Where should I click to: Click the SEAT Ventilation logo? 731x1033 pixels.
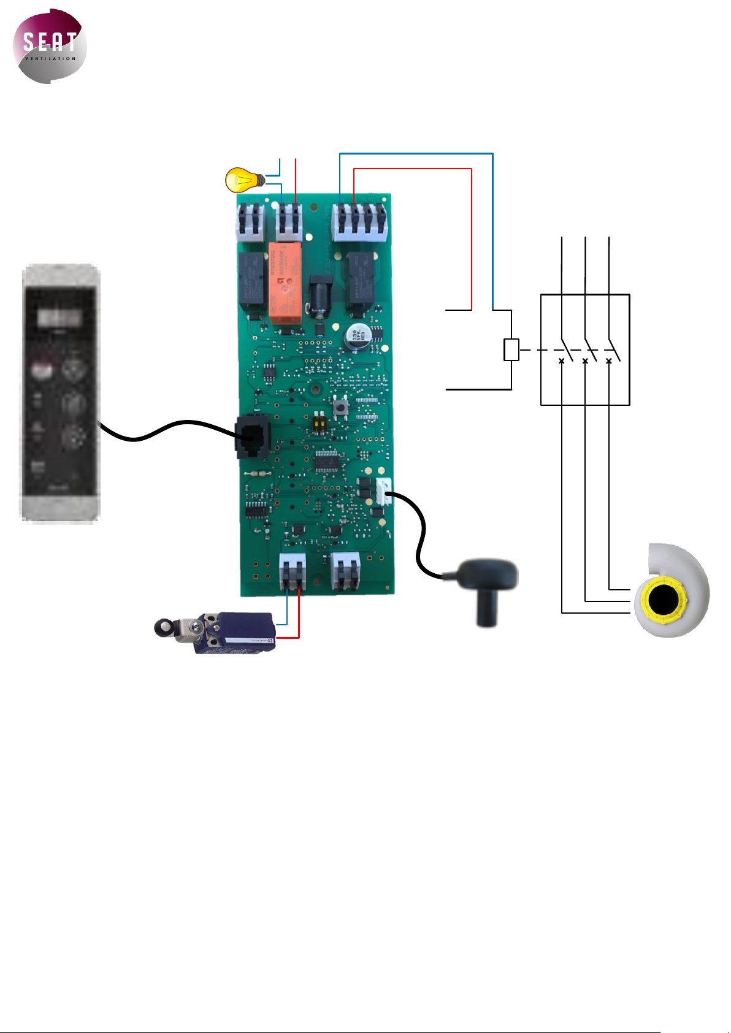(50, 46)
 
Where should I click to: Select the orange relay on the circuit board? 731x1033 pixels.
(285, 281)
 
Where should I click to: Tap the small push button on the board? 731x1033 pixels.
(339, 406)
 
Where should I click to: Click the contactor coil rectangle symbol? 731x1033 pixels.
(511, 349)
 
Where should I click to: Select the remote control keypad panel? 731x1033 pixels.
(60, 392)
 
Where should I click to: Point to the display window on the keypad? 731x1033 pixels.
(60, 317)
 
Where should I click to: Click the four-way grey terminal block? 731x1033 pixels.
(361, 221)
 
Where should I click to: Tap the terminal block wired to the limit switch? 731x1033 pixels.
(293, 572)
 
